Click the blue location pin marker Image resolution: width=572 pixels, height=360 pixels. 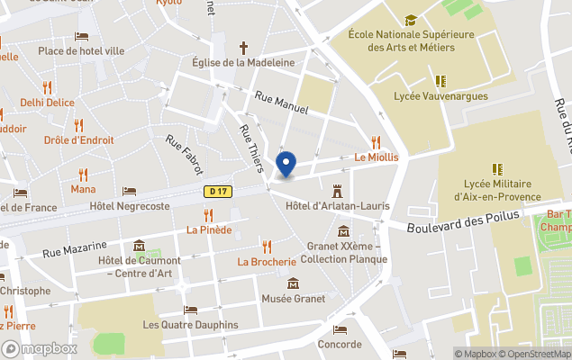coord(286,165)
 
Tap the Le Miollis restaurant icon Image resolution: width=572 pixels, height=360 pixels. coord(376,141)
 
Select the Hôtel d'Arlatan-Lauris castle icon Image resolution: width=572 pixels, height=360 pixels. coord(338,191)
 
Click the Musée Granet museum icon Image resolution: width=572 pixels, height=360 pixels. coord(293,283)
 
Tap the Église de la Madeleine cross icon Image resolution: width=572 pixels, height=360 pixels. coord(243,47)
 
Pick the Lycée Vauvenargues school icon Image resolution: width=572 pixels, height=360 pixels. coord(441,80)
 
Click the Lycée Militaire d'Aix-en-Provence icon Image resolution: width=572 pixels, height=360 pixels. coord(496,168)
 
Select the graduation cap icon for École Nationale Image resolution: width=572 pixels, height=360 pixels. coord(411,20)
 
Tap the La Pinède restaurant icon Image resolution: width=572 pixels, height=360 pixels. coord(209,214)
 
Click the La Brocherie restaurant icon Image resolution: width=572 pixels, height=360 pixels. coord(267,246)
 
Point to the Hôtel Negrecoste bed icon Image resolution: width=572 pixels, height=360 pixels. coord(130,191)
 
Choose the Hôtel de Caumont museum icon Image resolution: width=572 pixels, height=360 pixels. coord(140,246)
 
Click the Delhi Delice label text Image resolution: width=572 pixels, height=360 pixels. coord(48,103)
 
